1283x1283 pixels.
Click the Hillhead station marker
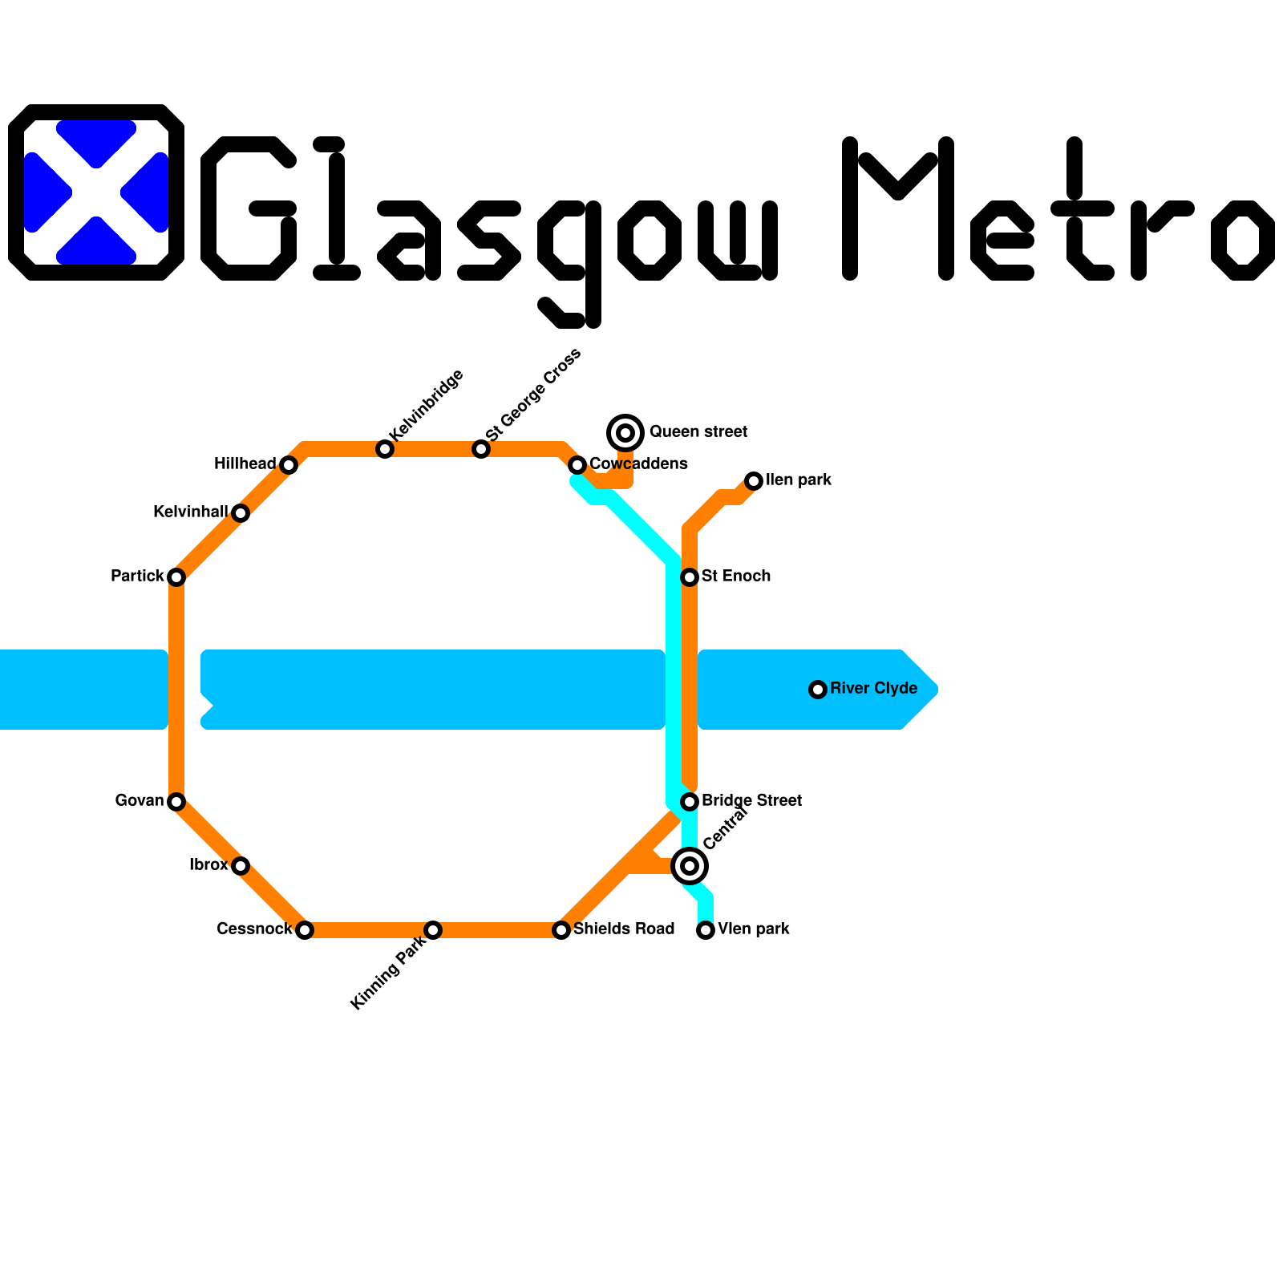(289, 465)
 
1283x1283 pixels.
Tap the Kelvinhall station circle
(241, 513)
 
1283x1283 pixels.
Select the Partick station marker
(176, 577)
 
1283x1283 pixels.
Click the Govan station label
(140, 800)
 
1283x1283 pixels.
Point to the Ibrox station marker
(241, 866)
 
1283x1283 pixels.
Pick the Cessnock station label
(254, 929)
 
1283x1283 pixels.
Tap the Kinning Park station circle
(433, 930)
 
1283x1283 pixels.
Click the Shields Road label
(624, 929)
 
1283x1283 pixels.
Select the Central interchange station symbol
(690, 866)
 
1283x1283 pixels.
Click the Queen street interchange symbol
(625, 433)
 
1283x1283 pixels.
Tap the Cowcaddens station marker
(577, 465)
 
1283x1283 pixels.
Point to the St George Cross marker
(481, 449)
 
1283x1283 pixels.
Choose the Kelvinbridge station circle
(385, 449)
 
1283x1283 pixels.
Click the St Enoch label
(735, 576)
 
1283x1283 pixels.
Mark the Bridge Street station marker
(690, 802)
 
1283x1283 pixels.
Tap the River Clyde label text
(873, 688)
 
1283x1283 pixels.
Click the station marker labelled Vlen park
(706, 930)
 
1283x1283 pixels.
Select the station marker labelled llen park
(754, 481)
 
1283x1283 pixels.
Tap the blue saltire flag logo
(96, 192)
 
